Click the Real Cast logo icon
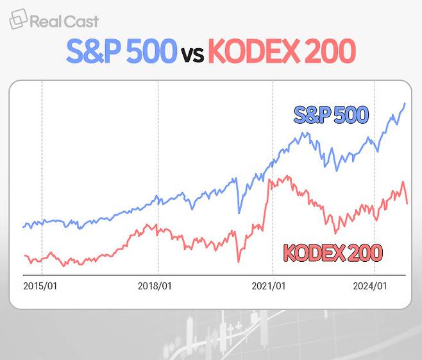(x=17, y=19)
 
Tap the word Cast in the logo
(x=81, y=21)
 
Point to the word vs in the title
(x=192, y=55)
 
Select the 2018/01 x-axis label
(x=155, y=286)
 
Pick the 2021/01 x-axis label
(x=269, y=286)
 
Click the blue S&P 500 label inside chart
(x=331, y=116)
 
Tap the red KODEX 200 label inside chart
(x=333, y=253)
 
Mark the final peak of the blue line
(x=405, y=103)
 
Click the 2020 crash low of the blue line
(x=239, y=212)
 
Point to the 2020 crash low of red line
(x=239, y=262)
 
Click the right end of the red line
(x=407, y=203)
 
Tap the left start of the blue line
(x=23, y=227)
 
